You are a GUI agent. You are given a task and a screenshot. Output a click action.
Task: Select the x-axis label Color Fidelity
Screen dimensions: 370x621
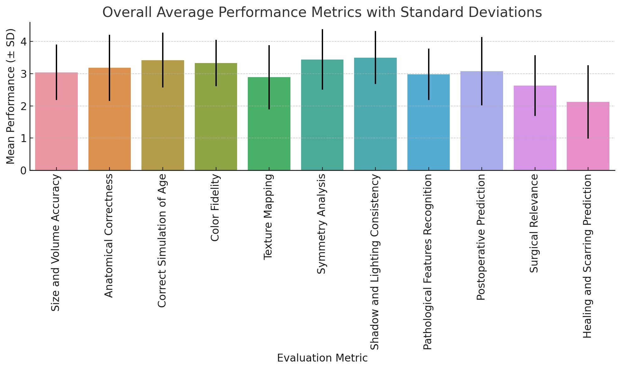click(x=215, y=208)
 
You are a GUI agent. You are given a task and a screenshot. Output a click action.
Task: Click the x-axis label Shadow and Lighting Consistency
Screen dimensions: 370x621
click(x=375, y=262)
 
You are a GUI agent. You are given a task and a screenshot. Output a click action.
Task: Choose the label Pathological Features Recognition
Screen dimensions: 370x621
click(x=428, y=262)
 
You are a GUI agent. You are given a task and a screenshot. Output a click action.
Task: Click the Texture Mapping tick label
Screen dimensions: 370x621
click(x=268, y=217)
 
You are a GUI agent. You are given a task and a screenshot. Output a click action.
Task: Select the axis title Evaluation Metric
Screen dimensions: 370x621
click(x=322, y=358)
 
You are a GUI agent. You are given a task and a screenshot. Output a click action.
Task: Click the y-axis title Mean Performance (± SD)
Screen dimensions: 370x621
click(x=11, y=96)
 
